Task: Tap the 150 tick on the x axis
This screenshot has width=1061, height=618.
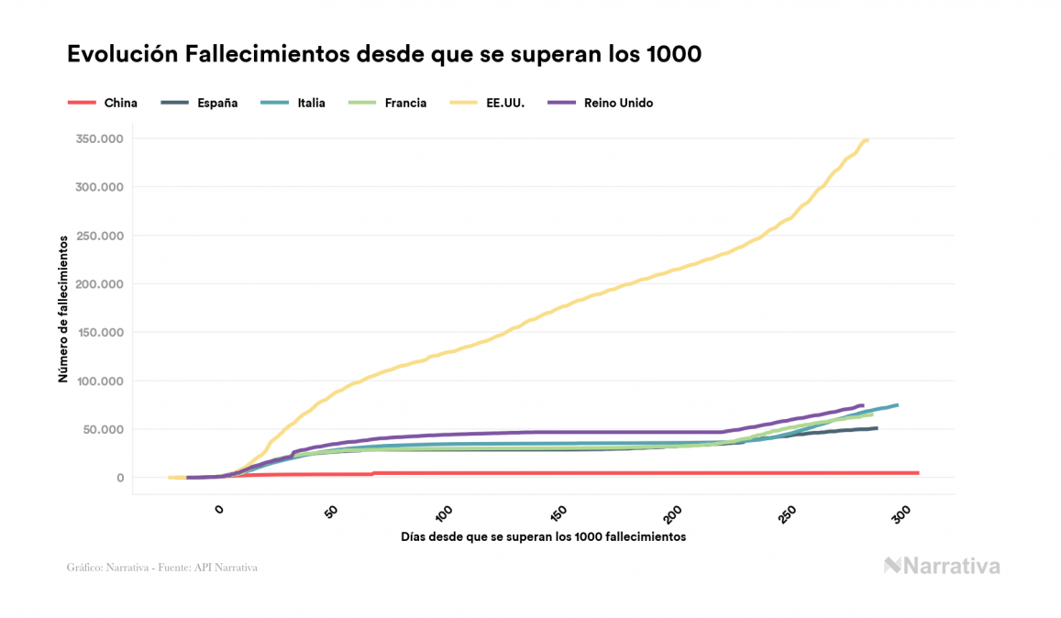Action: (x=560, y=513)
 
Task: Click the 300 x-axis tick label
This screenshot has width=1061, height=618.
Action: (x=902, y=513)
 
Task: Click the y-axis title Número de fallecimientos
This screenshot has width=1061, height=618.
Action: (x=63, y=308)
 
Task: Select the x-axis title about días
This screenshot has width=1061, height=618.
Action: (x=543, y=536)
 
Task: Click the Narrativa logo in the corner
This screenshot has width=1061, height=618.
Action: (x=942, y=566)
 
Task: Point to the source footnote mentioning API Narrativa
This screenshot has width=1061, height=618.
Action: (x=162, y=568)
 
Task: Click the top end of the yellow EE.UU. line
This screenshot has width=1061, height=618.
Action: (x=867, y=139)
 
